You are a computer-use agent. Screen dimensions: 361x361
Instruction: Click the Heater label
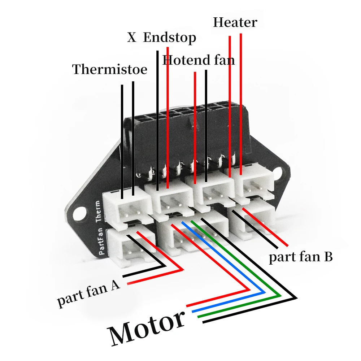coord(235,22)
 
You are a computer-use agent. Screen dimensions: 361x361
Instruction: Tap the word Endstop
coord(169,37)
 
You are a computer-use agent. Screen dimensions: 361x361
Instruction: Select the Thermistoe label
coord(110,69)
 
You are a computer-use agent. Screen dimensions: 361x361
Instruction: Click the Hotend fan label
coord(199,60)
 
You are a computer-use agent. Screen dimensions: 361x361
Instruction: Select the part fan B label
coord(300,257)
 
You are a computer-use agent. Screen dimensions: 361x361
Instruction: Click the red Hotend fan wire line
coord(195,126)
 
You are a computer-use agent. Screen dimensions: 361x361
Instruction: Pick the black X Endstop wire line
coord(157,119)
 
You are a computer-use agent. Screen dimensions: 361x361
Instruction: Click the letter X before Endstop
coord(131,37)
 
